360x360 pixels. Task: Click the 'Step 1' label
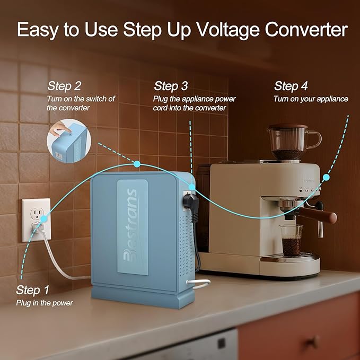(32, 290)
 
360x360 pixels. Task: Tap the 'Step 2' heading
(64, 86)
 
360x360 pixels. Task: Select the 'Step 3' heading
(171, 86)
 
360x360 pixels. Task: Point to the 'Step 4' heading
(291, 86)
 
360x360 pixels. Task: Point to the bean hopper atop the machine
(290, 142)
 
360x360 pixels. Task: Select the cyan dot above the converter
(137, 164)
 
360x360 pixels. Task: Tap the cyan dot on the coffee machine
(326, 178)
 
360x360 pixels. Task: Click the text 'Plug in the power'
(45, 303)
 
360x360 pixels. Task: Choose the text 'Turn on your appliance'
(311, 99)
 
